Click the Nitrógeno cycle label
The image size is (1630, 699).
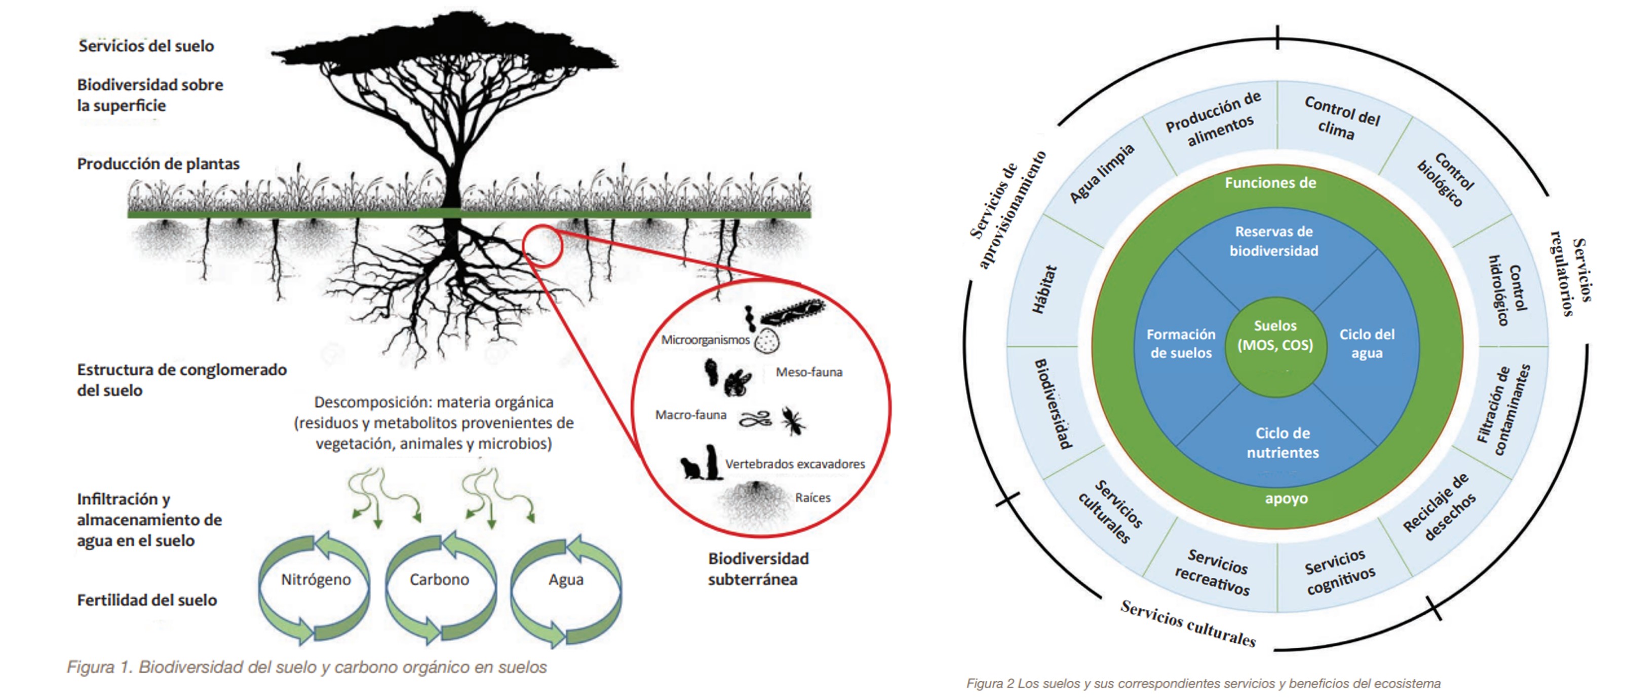[316, 579]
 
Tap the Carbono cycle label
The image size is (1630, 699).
[439, 579]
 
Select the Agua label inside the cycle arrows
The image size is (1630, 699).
[566, 579]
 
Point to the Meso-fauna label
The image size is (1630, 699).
[809, 372]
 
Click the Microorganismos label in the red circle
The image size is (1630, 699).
[705, 340]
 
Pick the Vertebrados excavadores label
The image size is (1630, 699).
[794, 464]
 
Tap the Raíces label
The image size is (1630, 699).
[812, 498]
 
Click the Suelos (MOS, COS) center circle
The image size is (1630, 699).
[1275, 336]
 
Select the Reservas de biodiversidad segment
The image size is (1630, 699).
[1274, 241]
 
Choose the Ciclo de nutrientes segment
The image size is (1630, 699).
[1282, 443]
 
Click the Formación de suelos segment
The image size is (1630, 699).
[1181, 343]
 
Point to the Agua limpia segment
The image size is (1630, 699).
[1102, 173]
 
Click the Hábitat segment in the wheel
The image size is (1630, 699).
[1044, 289]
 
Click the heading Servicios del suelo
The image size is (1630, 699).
[146, 46]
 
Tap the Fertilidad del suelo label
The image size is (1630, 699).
[147, 600]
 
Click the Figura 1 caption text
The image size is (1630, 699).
[307, 668]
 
